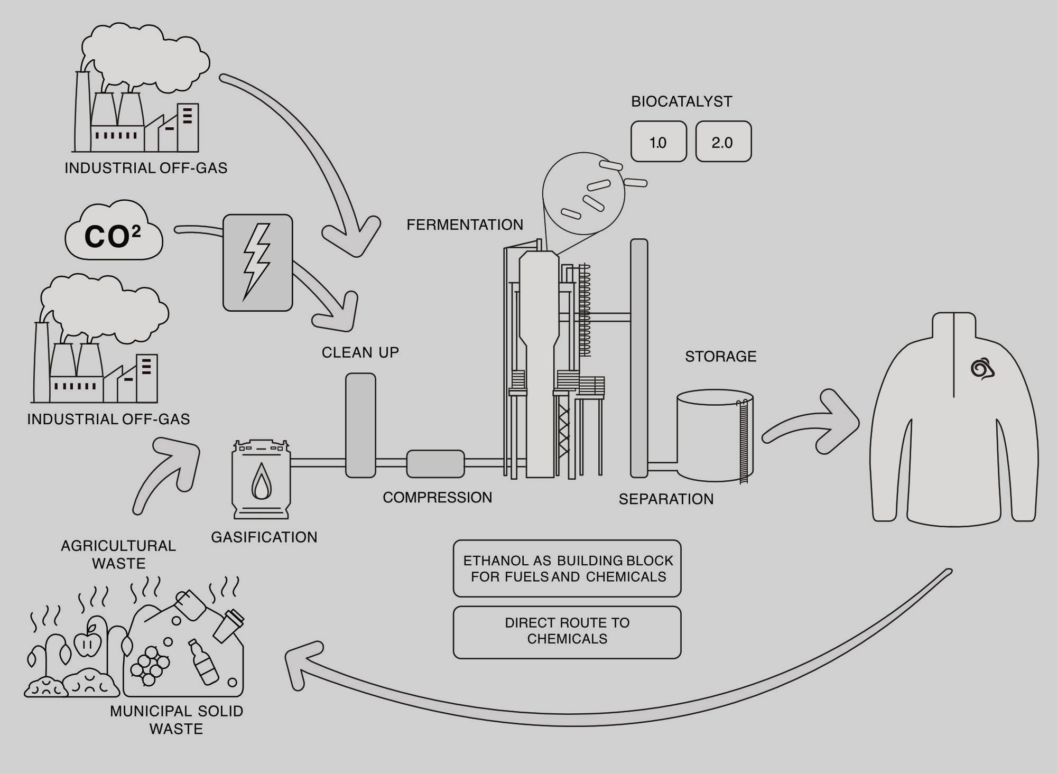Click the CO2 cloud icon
pyautogui.click(x=113, y=232)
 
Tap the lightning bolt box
pyautogui.click(x=257, y=263)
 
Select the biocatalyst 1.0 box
pyautogui.click(x=659, y=142)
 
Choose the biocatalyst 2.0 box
pyautogui.click(x=723, y=142)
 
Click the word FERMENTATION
pyautogui.click(x=465, y=225)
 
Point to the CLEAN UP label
pyautogui.click(x=360, y=352)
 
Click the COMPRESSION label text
pyautogui.click(x=437, y=497)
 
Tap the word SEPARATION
pyautogui.click(x=666, y=499)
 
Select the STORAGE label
pyautogui.click(x=720, y=356)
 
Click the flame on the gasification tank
pyautogui.click(x=261, y=481)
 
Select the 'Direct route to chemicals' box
pyautogui.click(x=567, y=632)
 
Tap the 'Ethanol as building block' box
pyautogui.click(x=567, y=568)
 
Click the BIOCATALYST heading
pyautogui.click(x=681, y=101)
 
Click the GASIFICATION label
pyautogui.click(x=264, y=537)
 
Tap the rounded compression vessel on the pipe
pyautogui.click(x=435, y=463)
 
